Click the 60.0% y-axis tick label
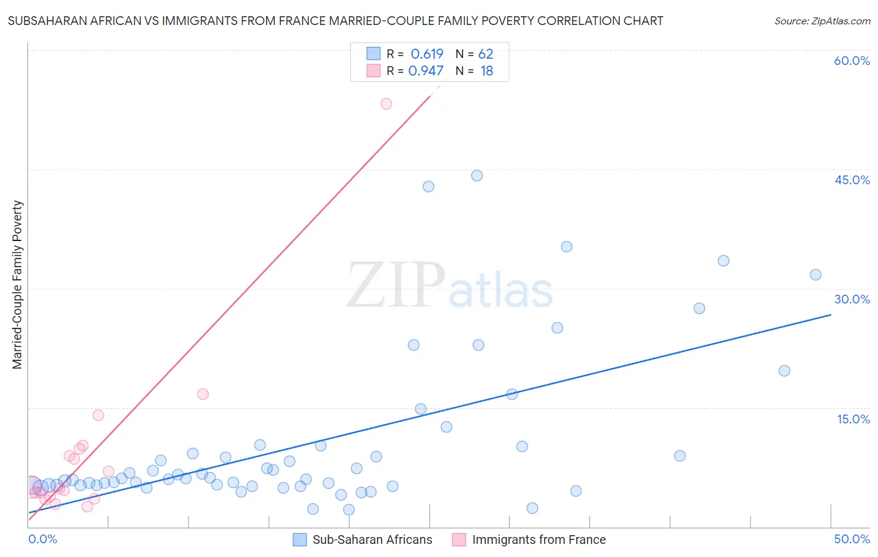852,61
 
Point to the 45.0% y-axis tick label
852,180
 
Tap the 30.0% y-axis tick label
852,299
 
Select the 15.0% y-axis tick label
853,419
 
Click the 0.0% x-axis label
42,539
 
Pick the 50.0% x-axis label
852,539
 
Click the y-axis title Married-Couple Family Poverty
17,285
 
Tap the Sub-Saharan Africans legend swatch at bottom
300,540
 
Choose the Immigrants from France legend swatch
459,540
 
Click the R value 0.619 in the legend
427,54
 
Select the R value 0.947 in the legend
426,71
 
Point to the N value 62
486,54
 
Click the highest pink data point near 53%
386,104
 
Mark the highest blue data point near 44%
476,175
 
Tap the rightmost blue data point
815,275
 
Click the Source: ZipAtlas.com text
822,21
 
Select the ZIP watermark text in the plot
396,285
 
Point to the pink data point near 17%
202,394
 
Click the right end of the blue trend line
831,315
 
